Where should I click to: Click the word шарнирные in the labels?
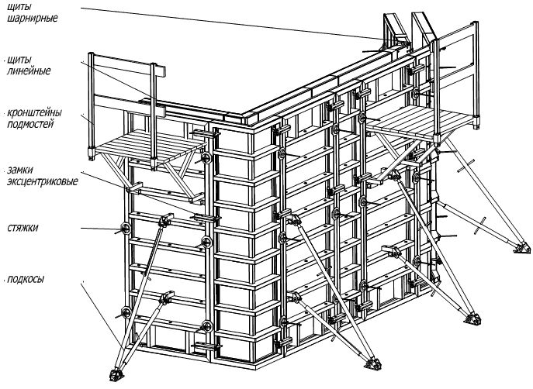click(33, 18)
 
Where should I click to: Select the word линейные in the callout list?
click(29, 71)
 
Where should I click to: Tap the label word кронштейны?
click(34, 112)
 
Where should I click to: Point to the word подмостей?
click(30, 124)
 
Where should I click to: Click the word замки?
click(19, 170)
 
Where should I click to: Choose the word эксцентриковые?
click(43, 181)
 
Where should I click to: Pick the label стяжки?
click(22, 228)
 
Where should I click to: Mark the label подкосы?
click(26, 280)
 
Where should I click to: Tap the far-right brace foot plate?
click(522, 248)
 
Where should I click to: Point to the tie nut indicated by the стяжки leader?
click(125, 228)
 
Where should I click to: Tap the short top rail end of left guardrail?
click(161, 71)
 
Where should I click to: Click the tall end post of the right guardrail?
click(475, 74)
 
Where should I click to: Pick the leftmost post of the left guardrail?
click(91, 105)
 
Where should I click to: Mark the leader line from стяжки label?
click(102, 229)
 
